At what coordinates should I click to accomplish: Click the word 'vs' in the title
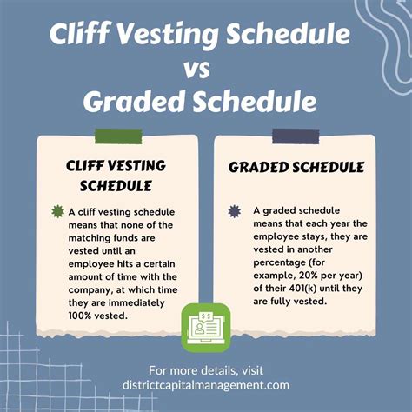[205, 67]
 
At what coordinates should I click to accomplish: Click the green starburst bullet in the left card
[58, 211]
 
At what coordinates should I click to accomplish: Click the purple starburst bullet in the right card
[233, 211]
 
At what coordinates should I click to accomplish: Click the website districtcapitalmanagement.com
[206, 387]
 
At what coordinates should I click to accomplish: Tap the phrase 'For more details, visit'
[206, 371]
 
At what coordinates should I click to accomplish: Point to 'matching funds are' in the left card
[120, 237]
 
